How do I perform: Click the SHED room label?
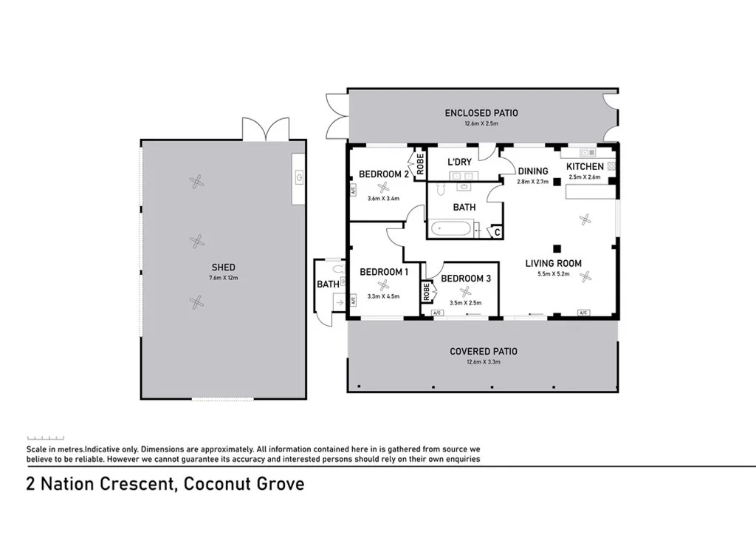click(x=223, y=267)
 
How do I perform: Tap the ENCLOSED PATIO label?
click(x=481, y=113)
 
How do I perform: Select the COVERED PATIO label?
click(x=484, y=352)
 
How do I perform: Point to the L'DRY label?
click(x=459, y=162)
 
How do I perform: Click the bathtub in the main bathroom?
click(x=449, y=228)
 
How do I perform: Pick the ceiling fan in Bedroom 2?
click(x=383, y=188)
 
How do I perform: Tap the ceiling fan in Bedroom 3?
click(x=465, y=292)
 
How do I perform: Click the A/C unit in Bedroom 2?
click(x=353, y=190)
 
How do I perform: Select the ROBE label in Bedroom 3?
click(x=426, y=292)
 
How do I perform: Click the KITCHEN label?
click(x=585, y=166)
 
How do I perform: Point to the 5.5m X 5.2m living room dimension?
click(x=554, y=274)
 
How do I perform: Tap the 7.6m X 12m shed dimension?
click(x=223, y=278)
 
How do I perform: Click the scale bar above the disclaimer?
click(x=45, y=438)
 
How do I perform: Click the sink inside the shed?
click(x=300, y=177)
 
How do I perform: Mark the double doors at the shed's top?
click(x=266, y=129)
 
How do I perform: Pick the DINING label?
click(x=533, y=171)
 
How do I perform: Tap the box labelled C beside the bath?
click(x=497, y=233)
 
